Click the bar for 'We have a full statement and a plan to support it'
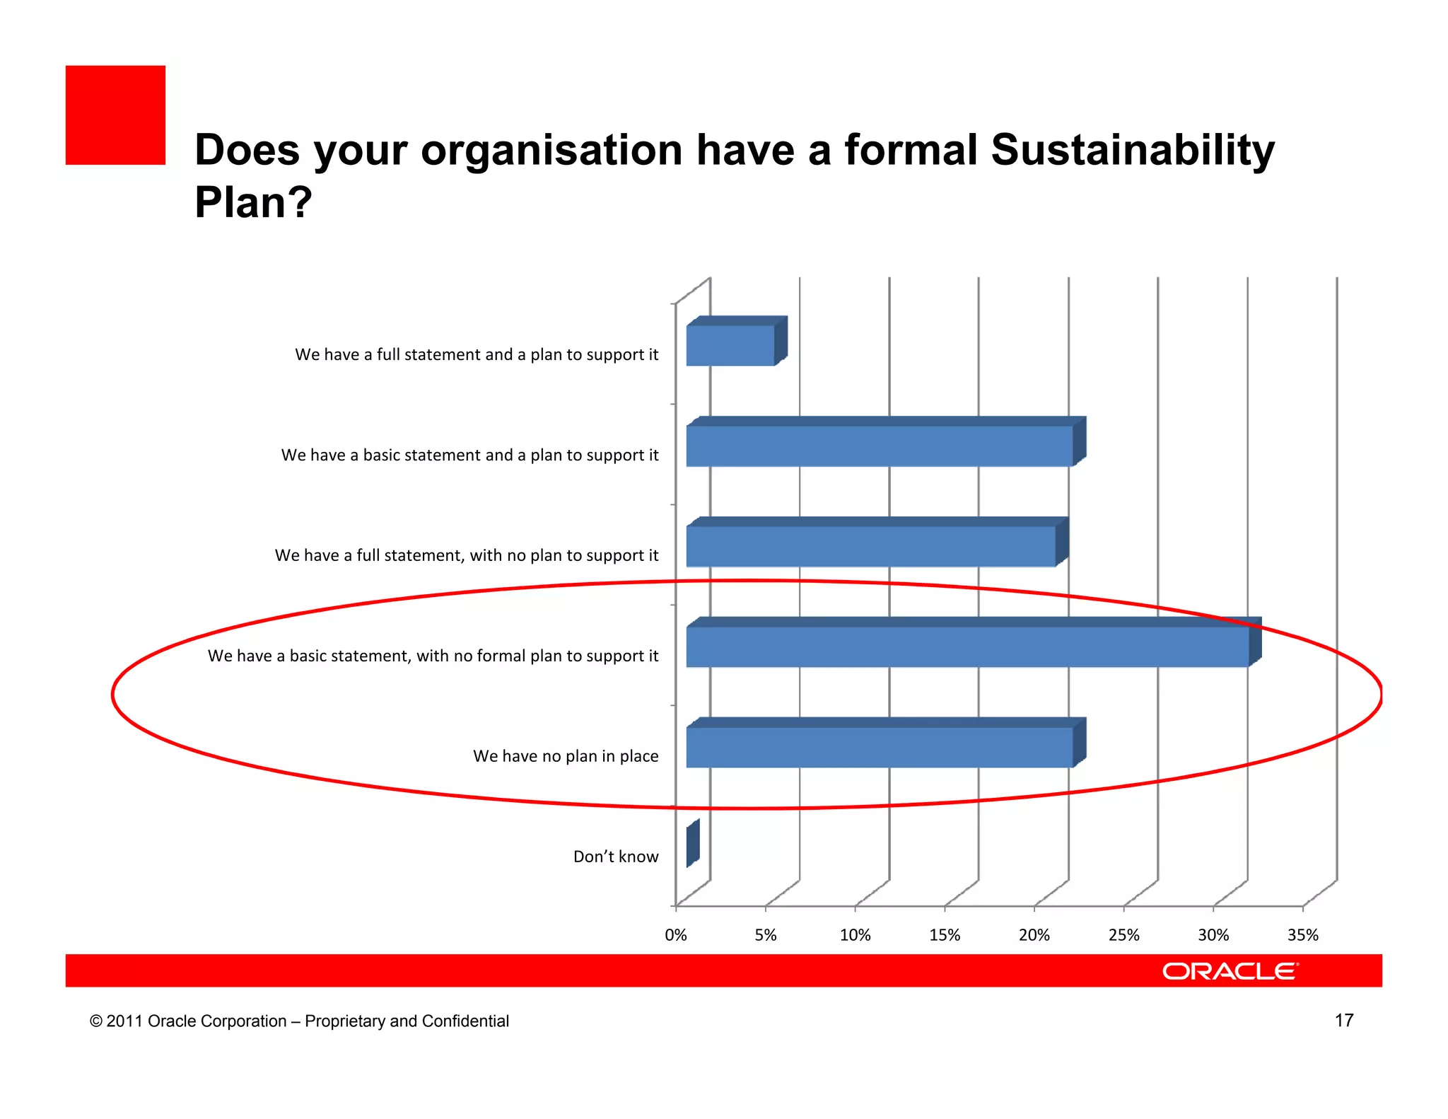pyautogui.click(x=730, y=345)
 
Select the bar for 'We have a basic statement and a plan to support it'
pyautogui.click(x=879, y=446)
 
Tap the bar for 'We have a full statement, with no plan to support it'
pyautogui.click(x=870, y=546)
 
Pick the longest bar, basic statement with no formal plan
pyautogui.click(x=967, y=647)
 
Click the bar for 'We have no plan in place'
pyautogui.click(x=879, y=747)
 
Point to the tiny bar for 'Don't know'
pyautogui.click(x=692, y=845)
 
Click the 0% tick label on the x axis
pyautogui.click(x=676, y=935)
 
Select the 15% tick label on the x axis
pyautogui.click(x=945, y=935)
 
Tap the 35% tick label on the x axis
pyautogui.click(x=1302, y=935)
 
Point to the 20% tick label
pyautogui.click(x=1034, y=935)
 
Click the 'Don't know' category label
pyautogui.click(x=615, y=857)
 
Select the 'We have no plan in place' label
pyautogui.click(x=566, y=756)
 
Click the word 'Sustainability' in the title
pyautogui.click(x=1132, y=150)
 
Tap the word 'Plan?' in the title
pyautogui.click(x=253, y=202)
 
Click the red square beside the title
pyautogui.click(x=115, y=115)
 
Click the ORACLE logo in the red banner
pyautogui.click(x=1230, y=971)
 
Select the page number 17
pyautogui.click(x=1343, y=1020)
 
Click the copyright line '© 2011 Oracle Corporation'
pyautogui.click(x=298, y=1021)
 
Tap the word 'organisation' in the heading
pyautogui.click(x=551, y=150)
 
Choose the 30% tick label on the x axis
pyautogui.click(x=1213, y=935)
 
